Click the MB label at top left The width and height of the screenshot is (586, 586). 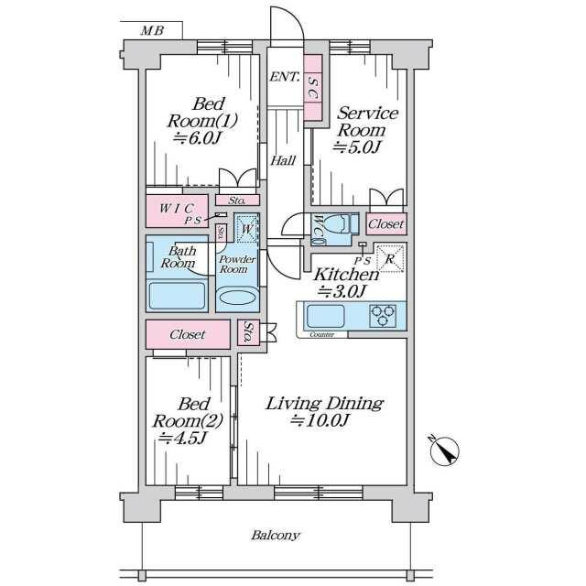click(153, 31)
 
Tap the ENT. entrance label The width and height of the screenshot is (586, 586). click(284, 77)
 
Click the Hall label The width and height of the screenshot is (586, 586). click(282, 160)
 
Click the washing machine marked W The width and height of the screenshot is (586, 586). click(246, 228)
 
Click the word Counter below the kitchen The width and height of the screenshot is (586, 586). click(321, 335)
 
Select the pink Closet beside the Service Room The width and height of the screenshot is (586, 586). click(386, 223)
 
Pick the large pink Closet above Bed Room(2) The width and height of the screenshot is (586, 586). click(188, 334)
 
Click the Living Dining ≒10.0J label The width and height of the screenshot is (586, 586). click(324, 411)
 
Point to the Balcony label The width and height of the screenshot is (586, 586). click(276, 535)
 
